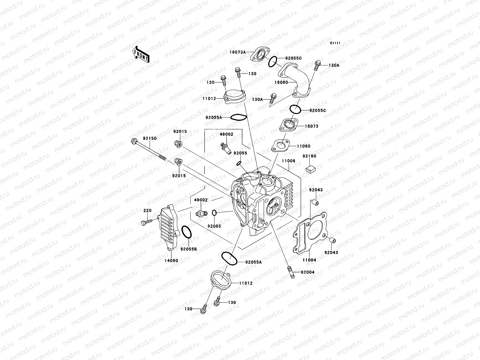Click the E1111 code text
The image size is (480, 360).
tap(335, 43)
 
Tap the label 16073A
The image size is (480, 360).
tap(238, 52)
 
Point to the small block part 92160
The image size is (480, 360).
tap(309, 169)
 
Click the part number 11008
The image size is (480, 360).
tap(288, 161)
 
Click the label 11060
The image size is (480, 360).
tap(304, 146)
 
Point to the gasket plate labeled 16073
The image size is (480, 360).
tap(288, 125)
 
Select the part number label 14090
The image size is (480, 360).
tap(171, 261)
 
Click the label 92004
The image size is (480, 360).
tap(306, 272)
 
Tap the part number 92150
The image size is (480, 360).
tap(150, 138)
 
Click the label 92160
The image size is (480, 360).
tap(309, 156)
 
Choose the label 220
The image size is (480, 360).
tap(147, 210)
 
